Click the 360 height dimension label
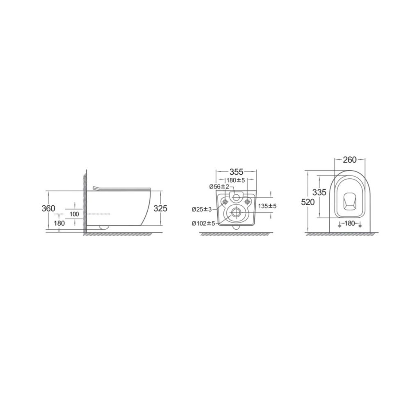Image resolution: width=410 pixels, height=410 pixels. (x=48, y=208)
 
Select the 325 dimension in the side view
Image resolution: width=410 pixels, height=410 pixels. (x=160, y=208)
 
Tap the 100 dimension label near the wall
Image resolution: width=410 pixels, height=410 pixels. (x=74, y=214)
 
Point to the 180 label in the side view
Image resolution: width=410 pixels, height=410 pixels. (x=59, y=223)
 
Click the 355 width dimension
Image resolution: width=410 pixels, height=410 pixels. (x=237, y=172)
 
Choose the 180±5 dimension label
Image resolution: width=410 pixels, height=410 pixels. (x=236, y=180)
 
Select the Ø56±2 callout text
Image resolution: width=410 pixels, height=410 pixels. (x=219, y=187)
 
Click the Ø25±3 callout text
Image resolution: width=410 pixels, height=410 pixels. (x=202, y=209)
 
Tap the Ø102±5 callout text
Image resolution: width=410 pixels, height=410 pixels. (x=203, y=223)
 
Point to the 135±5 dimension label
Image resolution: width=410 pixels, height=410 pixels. (x=267, y=206)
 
